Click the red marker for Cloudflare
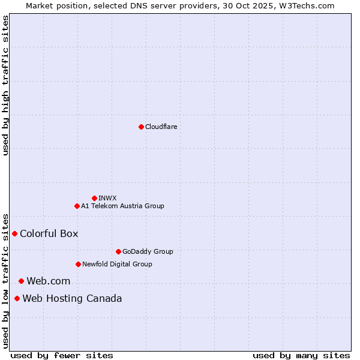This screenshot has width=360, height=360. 141,127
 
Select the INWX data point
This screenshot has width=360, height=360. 94,198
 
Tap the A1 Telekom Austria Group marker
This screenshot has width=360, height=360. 77,206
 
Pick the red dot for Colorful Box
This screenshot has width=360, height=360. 14,233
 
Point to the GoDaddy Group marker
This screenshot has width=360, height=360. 118,251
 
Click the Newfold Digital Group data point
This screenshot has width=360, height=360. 78,264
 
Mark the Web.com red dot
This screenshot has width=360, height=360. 21,281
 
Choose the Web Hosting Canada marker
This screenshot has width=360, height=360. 17,298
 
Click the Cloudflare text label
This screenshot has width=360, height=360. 161,127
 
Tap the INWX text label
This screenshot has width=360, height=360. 107,198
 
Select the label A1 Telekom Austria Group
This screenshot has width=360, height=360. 122,206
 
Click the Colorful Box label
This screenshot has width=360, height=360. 49,233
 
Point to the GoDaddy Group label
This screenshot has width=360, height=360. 148,251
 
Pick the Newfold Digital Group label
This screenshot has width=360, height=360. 117,264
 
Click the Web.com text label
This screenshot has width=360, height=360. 48,281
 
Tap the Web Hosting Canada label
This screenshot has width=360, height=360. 72,298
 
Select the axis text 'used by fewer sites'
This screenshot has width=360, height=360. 62,355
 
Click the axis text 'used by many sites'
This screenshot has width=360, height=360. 301,355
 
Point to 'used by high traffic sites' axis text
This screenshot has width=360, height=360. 5,85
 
